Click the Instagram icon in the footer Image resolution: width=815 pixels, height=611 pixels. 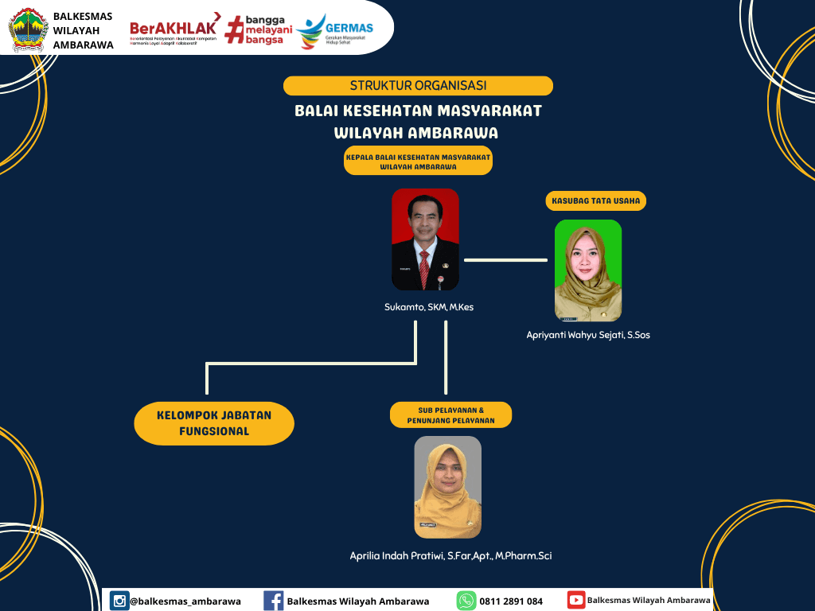click(x=119, y=601)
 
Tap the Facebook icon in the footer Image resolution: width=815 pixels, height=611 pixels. click(x=273, y=601)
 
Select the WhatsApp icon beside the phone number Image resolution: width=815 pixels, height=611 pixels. click(x=466, y=601)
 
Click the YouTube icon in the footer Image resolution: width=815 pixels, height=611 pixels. click(x=576, y=600)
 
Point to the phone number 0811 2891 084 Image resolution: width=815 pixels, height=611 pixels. click(x=511, y=601)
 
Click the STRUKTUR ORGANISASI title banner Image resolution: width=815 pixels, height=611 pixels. click(x=418, y=86)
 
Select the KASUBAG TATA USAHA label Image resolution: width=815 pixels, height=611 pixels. click(x=596, y=201)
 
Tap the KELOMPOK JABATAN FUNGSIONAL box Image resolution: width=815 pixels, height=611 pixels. click(x=214, y=423)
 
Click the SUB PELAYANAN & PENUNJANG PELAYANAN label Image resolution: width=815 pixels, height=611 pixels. click(x=450, y=414)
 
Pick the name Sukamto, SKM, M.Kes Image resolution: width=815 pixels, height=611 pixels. click(x=429, y=307)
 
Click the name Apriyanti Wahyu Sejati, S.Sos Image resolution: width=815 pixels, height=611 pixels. click(x=588, y=335)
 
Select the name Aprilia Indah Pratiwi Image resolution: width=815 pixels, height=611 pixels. click(x=450, y=556)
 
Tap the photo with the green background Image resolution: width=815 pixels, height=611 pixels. click(x=588, y=270)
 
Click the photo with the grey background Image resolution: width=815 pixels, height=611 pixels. click(x=447, y=487)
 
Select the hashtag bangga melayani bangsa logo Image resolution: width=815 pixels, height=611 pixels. click(x=259, y=29)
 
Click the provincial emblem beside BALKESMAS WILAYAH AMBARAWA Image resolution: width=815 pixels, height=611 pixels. click(x=29, y=30)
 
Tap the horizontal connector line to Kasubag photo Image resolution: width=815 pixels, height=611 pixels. click(x=505, y=259)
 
